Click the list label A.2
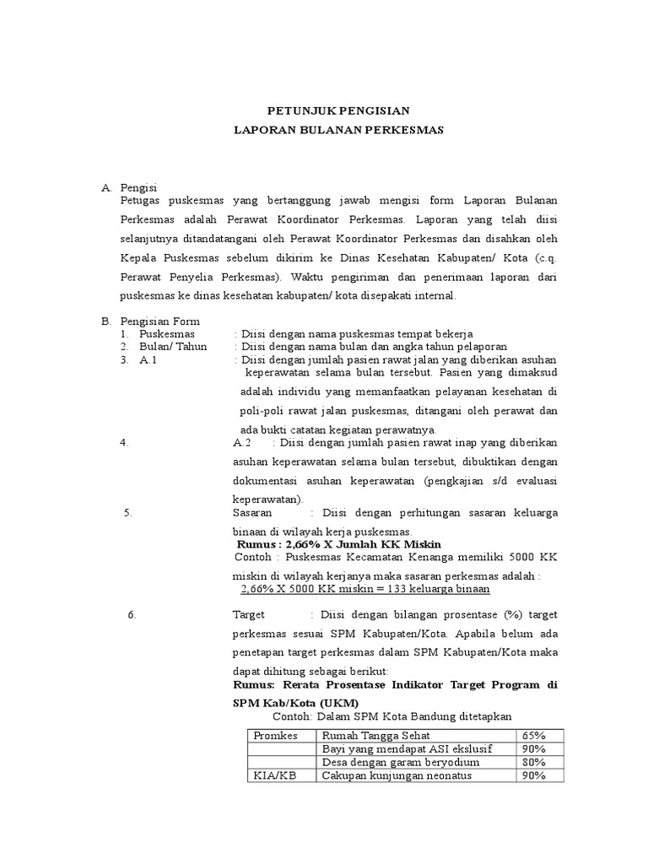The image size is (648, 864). pos(242,442)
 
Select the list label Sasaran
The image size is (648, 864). pos(252,512)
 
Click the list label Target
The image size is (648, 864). pos(248,614)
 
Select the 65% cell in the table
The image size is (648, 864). pos(533,735)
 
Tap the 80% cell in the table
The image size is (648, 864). pos(533,762)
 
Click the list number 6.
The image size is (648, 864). pos(132,614)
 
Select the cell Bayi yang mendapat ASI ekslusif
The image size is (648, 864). pos(408,748)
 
